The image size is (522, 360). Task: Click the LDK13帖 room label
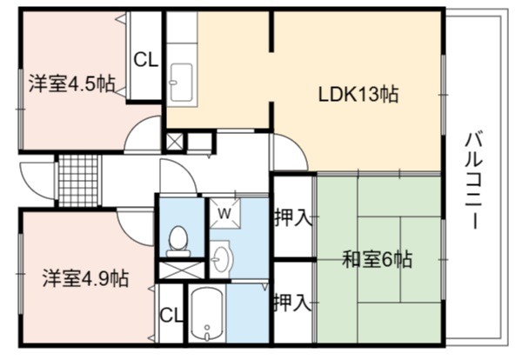(x=358, y=95)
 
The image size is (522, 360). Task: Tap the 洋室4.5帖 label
(x=72, y=83)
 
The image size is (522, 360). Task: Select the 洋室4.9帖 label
(x=85, y=278)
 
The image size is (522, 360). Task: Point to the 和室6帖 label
(x=378, y=259)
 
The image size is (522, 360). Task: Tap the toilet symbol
(x=178, y=242)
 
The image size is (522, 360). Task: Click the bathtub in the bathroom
(x=207, y=314)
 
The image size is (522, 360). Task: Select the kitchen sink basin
(x=182, y=83)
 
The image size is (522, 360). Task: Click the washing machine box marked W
(x=224, y=214)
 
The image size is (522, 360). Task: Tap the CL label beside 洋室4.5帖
(x=145, y=60)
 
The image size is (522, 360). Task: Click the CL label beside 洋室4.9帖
(x=171, y=315)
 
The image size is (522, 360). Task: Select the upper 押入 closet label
(x=292, y=217)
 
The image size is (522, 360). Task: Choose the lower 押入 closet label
(x=292, y=303)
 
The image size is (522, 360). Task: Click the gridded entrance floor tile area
(x=78, y=180)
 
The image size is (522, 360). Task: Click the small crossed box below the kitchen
(x=175, y=142)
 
